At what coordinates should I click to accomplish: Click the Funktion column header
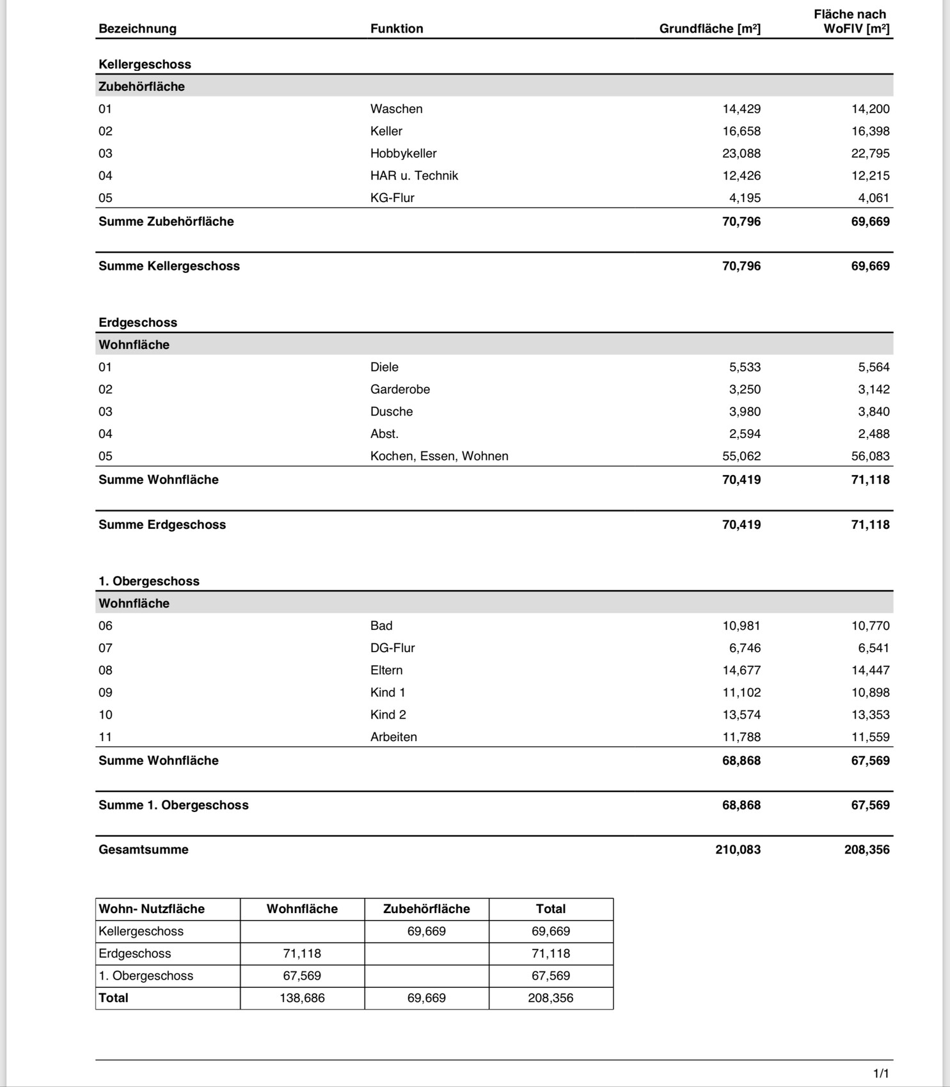397,29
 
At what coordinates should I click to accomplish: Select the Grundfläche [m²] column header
709,29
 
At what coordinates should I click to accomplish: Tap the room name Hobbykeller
403,153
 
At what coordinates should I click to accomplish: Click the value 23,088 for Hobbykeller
741,153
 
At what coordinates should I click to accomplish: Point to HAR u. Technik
414,176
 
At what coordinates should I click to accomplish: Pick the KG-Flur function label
392,198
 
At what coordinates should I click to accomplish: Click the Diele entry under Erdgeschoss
384,367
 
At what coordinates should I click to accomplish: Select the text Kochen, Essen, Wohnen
439,456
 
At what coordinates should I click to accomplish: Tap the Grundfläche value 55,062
741,456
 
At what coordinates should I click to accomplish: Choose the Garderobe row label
400,389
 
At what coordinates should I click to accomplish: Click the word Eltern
386,670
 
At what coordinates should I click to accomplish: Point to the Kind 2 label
388,715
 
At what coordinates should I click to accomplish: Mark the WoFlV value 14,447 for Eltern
870,670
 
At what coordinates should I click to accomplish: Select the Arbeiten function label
393,737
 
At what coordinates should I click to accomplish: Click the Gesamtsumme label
143,850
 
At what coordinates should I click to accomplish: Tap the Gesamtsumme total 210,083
738,850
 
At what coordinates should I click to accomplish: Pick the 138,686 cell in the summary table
302,998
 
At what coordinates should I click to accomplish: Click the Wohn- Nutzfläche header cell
152,909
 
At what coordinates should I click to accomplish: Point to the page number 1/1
881,1074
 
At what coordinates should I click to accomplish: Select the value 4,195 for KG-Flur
745,198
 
